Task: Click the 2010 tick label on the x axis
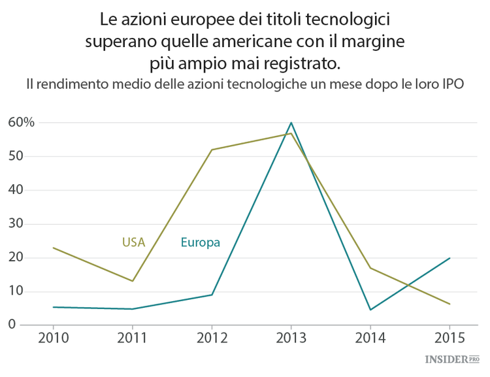click(53, 339)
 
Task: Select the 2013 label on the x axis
click(291, 339)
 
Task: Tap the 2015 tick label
click(449, 339)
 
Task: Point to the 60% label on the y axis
click(21, 122)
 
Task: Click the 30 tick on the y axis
click(15, 223)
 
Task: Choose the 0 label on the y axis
click(11, 325)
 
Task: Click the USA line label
click(133, 242)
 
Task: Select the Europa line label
click(200, 242)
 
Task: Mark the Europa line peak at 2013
click(291, 122)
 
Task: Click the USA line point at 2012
click(212, 150)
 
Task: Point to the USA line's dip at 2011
click(133, 281)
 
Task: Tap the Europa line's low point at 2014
click(370, 310)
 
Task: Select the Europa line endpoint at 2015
click(449, 257)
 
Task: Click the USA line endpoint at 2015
click(449, 304)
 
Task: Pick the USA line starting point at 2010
click(53, 248)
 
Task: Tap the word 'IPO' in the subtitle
click(451, 85)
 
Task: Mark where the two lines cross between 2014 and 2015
click(408, 285)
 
